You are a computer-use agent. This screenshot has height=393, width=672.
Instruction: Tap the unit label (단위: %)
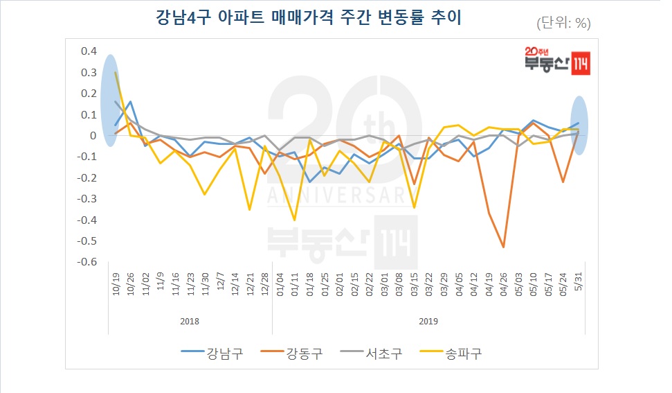(563, 23)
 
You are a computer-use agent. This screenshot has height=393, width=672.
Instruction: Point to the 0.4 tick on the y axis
(89, 51)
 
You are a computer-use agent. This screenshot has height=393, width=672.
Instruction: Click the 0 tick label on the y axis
(92, 136)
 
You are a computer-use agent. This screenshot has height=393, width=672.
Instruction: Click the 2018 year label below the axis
(190, 322)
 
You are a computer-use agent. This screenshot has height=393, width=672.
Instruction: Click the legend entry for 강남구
(212, 353)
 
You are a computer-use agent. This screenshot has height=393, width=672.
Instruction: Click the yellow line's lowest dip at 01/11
(294, 220)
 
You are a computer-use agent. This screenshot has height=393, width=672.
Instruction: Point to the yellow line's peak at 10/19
(116, 72)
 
